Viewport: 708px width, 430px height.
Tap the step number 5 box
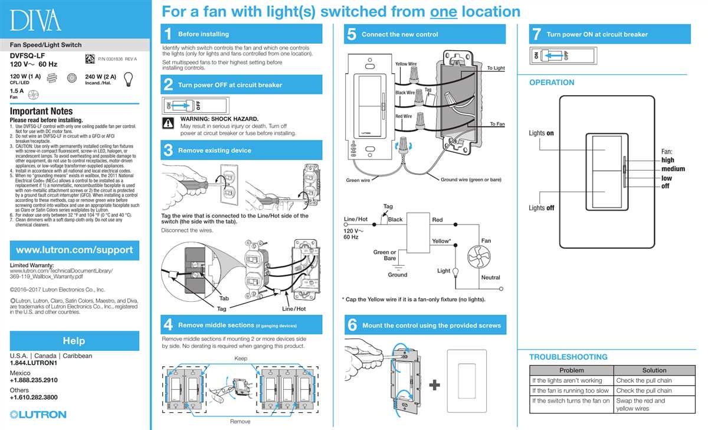[352, 34]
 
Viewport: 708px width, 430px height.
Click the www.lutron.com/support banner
[74, 250]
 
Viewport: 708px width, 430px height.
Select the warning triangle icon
[169, 123]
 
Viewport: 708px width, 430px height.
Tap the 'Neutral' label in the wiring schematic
[490, 278]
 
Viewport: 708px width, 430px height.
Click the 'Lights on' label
[541, 133]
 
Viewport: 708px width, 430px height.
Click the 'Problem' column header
[571, 370]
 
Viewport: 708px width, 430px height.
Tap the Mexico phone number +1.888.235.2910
[34, 380]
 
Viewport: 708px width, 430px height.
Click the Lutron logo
[38, 415]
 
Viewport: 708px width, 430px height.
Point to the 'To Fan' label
[497, 125]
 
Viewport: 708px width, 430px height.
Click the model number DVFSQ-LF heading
[28, 56]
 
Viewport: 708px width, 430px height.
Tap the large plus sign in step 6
[434, 385]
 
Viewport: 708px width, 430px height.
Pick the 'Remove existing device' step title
[214, 151]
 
